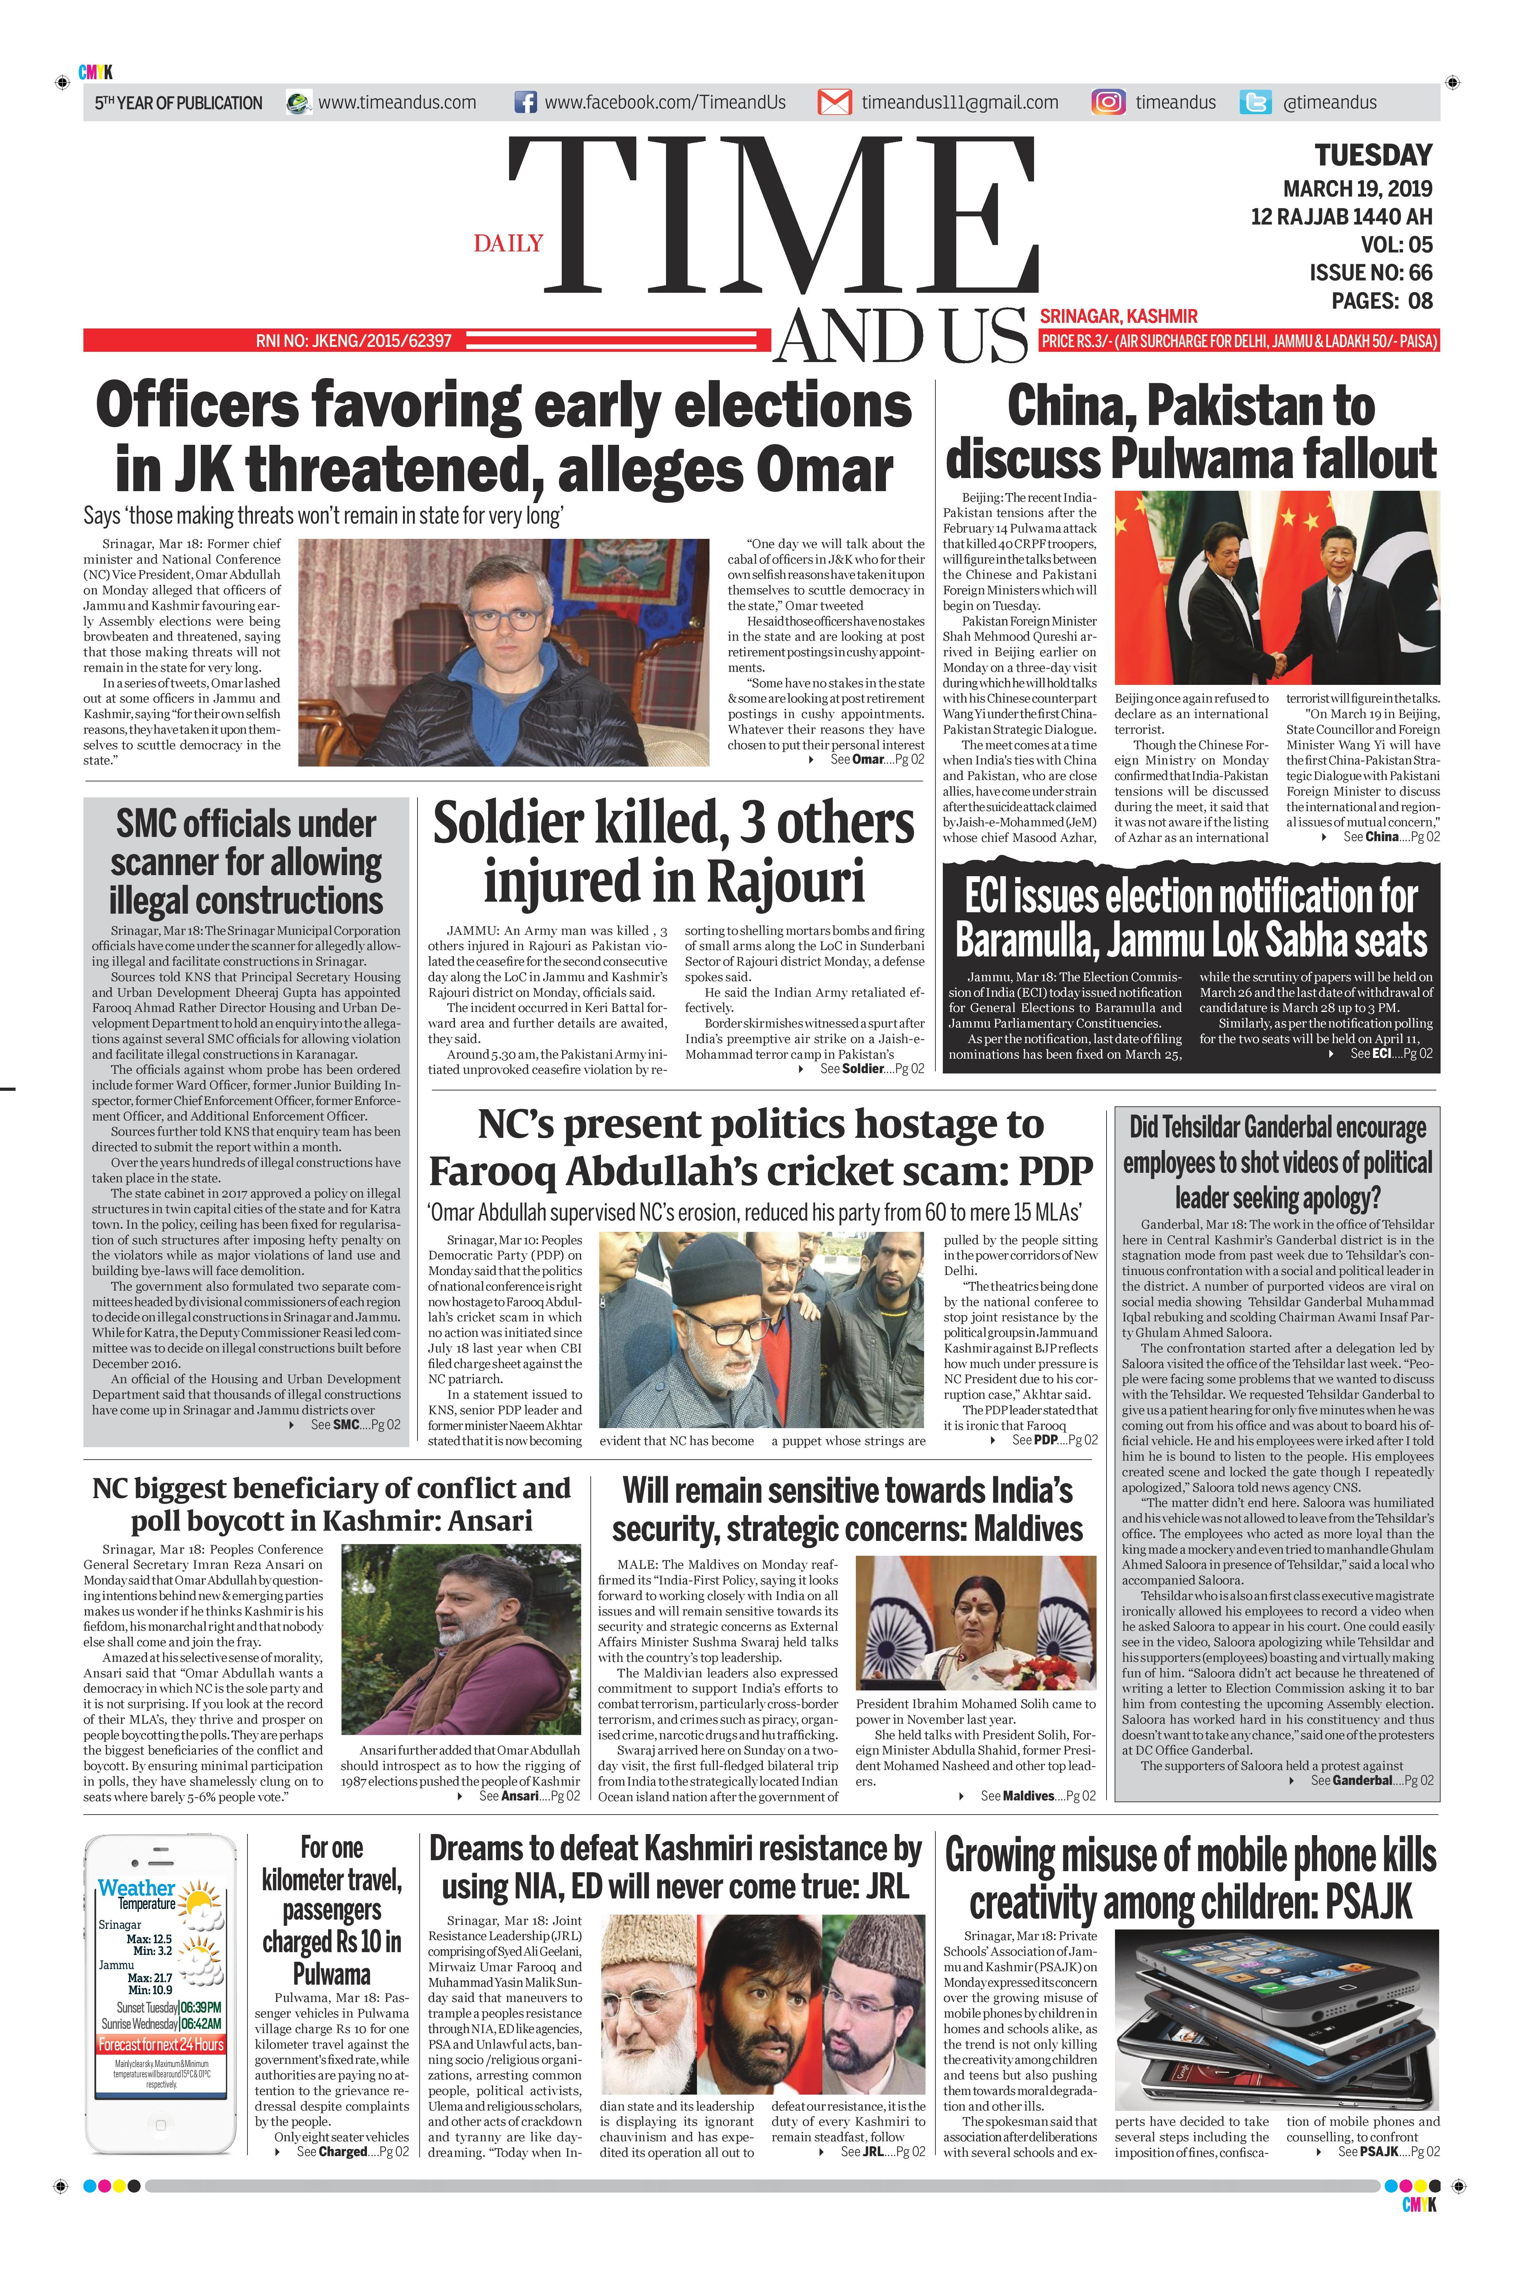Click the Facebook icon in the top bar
pos(525,102)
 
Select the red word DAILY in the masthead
pos(508,243)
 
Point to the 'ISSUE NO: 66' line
pos(1371,272)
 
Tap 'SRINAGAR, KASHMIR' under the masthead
pos(1118,316)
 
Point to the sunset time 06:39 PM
pos(200,2007)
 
